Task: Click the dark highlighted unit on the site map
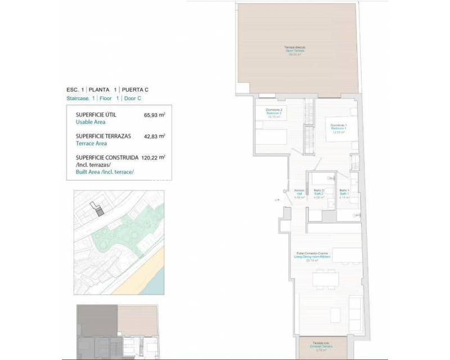pyautogui.click(x=99, y=211)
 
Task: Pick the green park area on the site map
pyautogui.click(x=121, y=231)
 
